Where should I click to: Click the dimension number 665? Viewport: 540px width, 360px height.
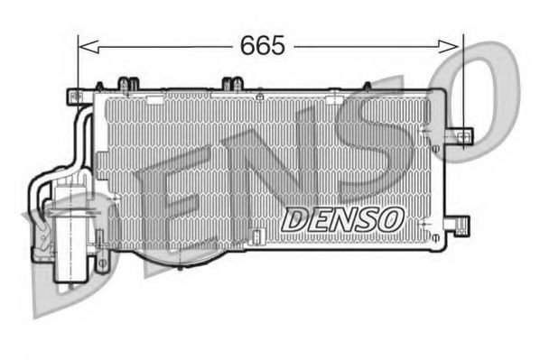coord(263,43)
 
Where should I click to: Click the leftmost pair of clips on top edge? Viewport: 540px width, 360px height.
coord(127,85)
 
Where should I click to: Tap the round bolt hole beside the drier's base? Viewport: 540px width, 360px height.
coord(102,263)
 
